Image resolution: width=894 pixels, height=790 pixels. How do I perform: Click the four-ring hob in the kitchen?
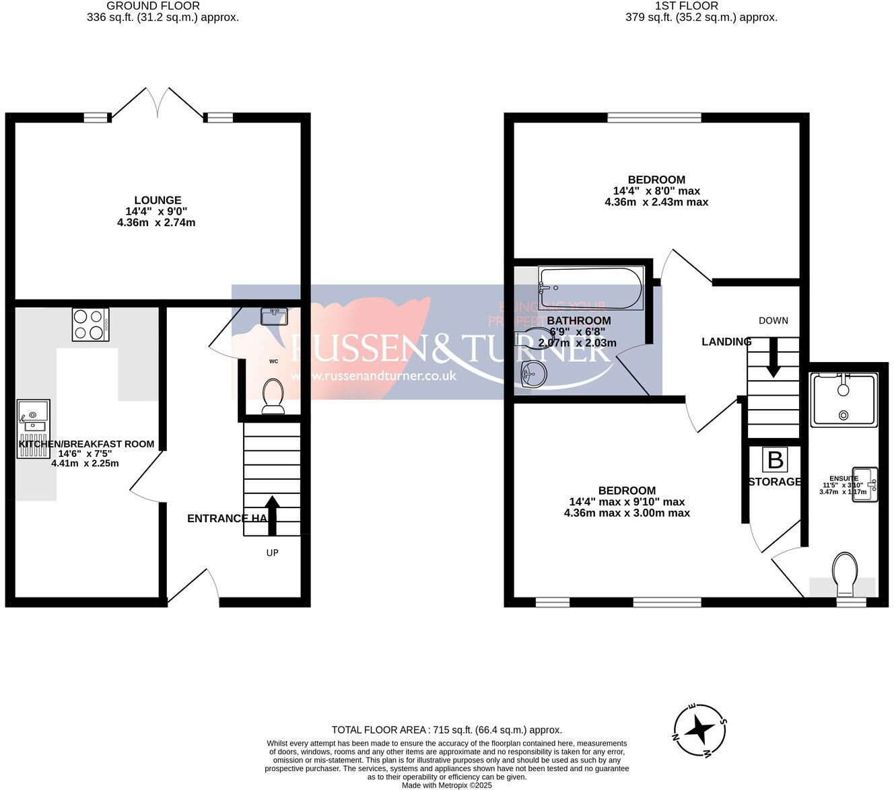click(x=90, y=324)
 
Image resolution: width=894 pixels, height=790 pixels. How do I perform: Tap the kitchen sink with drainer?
click(x=33, y=428)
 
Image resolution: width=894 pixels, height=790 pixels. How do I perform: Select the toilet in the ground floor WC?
click(x=273, y=394)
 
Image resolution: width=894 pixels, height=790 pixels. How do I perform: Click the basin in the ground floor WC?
click(x=273, y=316)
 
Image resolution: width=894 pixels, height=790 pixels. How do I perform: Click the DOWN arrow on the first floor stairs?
click(x=773, y=357)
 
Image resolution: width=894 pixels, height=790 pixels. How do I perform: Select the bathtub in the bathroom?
click(x=590, y=289)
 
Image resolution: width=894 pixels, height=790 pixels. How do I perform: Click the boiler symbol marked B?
click(x=775, y=460)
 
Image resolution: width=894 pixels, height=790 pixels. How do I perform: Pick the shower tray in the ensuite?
click(x=844, y=400)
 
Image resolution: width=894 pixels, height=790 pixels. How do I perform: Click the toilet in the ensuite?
click(x=845, y=574)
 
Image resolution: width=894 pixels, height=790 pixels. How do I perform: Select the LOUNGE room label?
click(x=158, y=200)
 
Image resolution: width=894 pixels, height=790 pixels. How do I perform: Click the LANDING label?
click(x=726, y=342)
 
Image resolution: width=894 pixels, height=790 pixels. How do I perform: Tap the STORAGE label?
click(x=774, y=482)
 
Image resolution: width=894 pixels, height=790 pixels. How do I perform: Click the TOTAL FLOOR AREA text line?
click(x=446, y=729)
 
